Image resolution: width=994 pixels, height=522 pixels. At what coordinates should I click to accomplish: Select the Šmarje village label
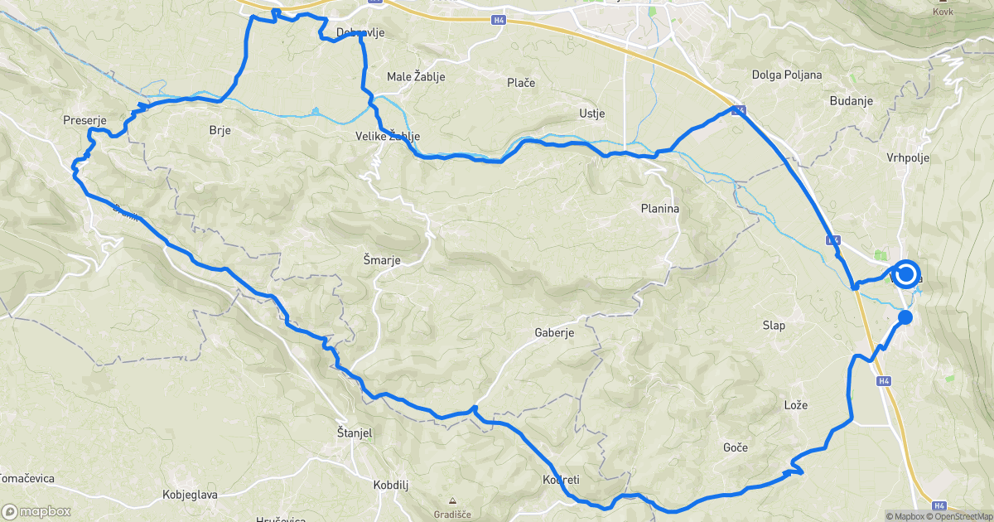coord(382,260)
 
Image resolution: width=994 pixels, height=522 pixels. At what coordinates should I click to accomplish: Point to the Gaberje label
coord(554,332)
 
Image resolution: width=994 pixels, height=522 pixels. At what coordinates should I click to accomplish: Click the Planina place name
coord(660,209)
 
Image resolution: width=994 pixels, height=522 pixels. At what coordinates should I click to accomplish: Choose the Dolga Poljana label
coord(786,75)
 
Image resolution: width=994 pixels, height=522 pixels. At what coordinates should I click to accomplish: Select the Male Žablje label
coord(417,77)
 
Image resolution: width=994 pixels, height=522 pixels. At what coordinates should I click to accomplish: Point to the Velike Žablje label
coord(388,136)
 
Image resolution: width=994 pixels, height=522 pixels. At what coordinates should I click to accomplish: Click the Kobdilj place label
coord(393,484)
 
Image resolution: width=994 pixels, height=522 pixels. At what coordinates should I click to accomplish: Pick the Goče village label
coord(735,447)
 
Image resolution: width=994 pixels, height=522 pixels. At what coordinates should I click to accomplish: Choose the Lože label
coord(795,404)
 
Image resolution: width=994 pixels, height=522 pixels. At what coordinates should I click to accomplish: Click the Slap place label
coord(774,326)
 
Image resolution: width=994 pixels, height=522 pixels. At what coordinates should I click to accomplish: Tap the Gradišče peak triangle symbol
coord(452,501)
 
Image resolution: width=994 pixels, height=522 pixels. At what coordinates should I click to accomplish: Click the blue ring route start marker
coord(905,274)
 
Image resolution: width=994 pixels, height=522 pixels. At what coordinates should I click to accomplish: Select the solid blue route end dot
coord(905,317)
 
